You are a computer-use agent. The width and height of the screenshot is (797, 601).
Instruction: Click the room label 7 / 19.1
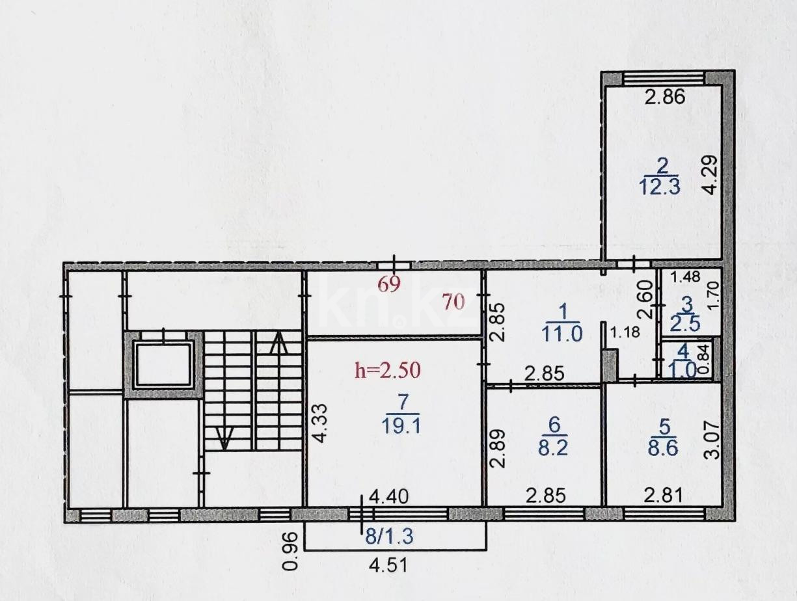tap(403, 414)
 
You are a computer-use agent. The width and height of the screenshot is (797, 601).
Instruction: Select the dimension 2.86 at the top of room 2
tap(665, 98)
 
